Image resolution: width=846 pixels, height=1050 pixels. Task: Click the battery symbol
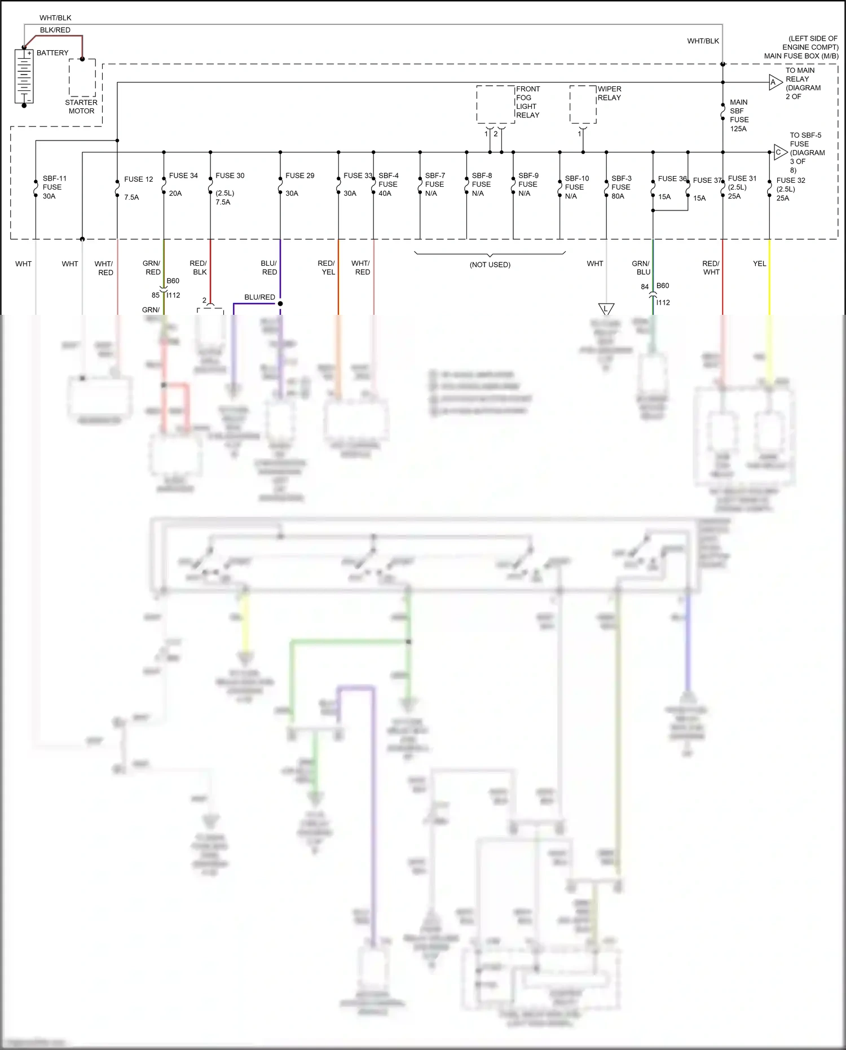24,77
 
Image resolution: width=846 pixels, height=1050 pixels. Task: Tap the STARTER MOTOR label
81,107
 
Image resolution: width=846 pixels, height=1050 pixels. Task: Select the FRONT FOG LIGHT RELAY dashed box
496,104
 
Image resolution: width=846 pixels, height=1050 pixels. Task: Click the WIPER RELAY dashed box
583,104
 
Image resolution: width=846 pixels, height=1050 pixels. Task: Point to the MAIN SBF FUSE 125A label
739,116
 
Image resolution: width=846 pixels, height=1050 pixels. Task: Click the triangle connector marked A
775,82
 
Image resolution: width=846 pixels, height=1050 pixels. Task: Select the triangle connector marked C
779,152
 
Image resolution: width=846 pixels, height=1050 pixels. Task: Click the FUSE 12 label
138,179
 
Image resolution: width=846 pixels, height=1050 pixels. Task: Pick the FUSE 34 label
183,175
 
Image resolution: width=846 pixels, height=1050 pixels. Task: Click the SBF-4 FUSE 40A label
388,184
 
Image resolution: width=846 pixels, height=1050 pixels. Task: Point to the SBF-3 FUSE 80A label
621,187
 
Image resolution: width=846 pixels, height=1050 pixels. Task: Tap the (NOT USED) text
490,265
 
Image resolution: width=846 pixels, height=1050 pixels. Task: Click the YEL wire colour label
759,263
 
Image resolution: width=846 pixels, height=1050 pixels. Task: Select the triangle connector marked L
606,309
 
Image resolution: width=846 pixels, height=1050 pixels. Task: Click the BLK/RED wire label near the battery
55,30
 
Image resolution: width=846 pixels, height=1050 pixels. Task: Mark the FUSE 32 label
791,181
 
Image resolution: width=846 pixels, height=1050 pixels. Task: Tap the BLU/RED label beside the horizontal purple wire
259,297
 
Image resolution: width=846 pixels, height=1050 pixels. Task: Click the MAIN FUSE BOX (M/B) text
801,56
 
